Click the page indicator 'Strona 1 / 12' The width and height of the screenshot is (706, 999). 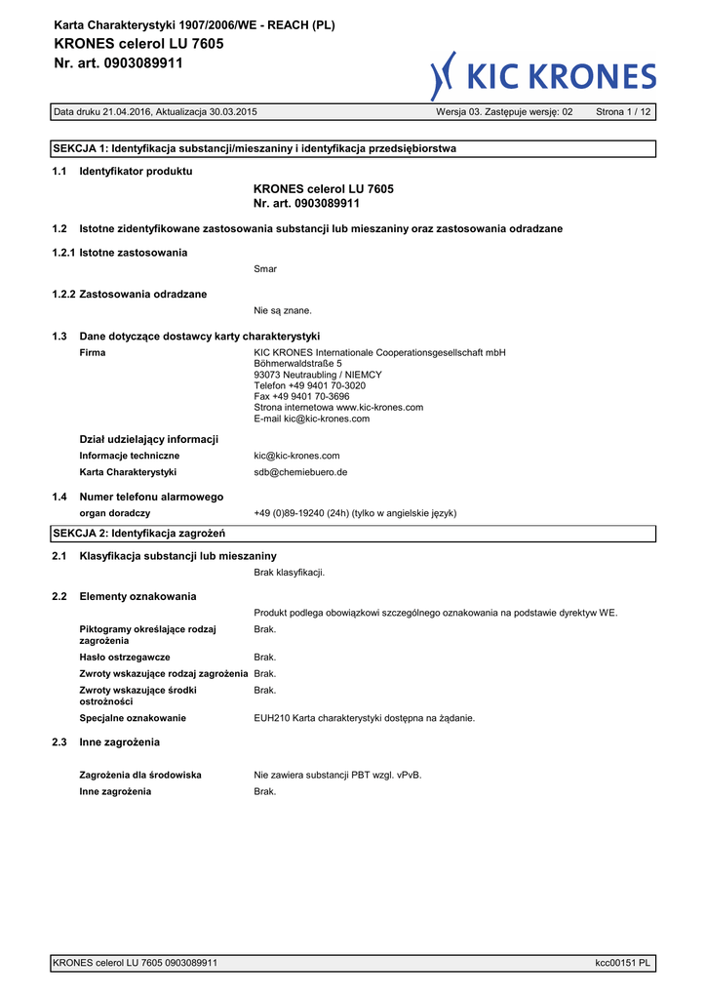click(x=623, y=112)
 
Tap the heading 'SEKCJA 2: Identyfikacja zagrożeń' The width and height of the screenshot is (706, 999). click(x=138, y=534)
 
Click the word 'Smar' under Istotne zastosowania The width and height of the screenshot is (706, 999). click(x=264, y=268)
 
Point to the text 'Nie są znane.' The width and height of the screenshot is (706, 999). click(x=283, y=310)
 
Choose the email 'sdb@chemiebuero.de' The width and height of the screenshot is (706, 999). click(x=300, y=472)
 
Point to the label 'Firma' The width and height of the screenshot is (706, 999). click(x=93, y=353)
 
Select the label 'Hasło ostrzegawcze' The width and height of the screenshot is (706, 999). click(x=125, y=658)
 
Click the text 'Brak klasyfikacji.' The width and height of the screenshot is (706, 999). click(x=290, y=573)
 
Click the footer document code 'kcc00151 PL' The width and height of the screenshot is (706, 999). click(x=623, y=963)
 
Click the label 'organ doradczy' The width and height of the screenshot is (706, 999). click(x=114, y=513)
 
